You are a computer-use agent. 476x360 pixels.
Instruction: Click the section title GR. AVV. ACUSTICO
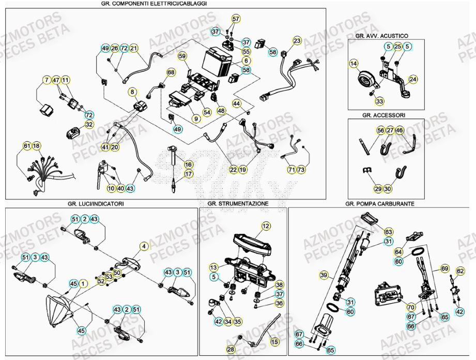point(381,36)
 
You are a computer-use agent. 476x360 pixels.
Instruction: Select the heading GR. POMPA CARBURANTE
point(380,204)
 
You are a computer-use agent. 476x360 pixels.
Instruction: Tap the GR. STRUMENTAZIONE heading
point(238,204)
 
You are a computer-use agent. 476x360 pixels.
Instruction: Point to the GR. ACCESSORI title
point(383,115)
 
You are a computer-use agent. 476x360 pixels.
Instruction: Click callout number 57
point(236,19)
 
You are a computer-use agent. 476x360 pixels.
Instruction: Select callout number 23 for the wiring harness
point(297,40)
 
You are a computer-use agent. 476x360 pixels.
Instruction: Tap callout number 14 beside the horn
point(354,64)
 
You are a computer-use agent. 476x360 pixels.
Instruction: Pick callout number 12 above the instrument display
point(266,226)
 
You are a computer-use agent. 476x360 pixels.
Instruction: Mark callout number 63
point(389,231)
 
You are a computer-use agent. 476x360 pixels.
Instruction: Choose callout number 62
point(460,271)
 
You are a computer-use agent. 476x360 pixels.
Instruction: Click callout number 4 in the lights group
point(144,246)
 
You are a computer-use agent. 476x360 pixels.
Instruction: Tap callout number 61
point(27,146)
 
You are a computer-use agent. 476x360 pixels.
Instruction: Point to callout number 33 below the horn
point(379,101)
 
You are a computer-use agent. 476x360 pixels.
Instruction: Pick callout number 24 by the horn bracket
point(412,79)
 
